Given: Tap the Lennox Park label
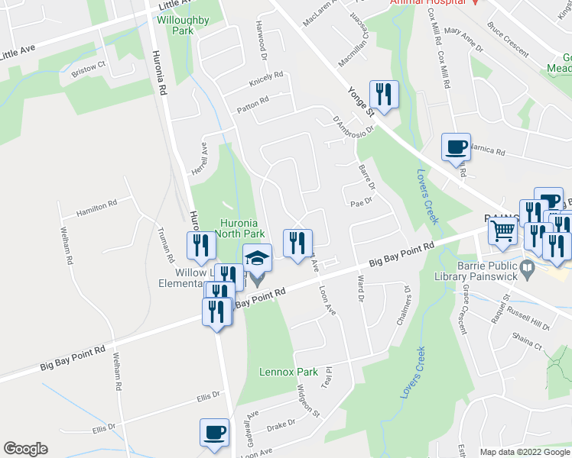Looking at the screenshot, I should coord(288,372).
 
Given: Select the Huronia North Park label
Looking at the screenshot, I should coord(239,227).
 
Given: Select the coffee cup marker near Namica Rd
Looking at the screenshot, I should coord(457,146).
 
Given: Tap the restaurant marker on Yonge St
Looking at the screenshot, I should coord(384,95).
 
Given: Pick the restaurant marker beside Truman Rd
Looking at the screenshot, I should coord(198,245).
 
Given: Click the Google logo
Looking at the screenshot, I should coord(25,449).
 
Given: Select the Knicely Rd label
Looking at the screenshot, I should coord(266,79).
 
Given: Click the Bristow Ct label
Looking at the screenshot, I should coord(88,68).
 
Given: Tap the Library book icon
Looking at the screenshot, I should coord(527,268).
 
